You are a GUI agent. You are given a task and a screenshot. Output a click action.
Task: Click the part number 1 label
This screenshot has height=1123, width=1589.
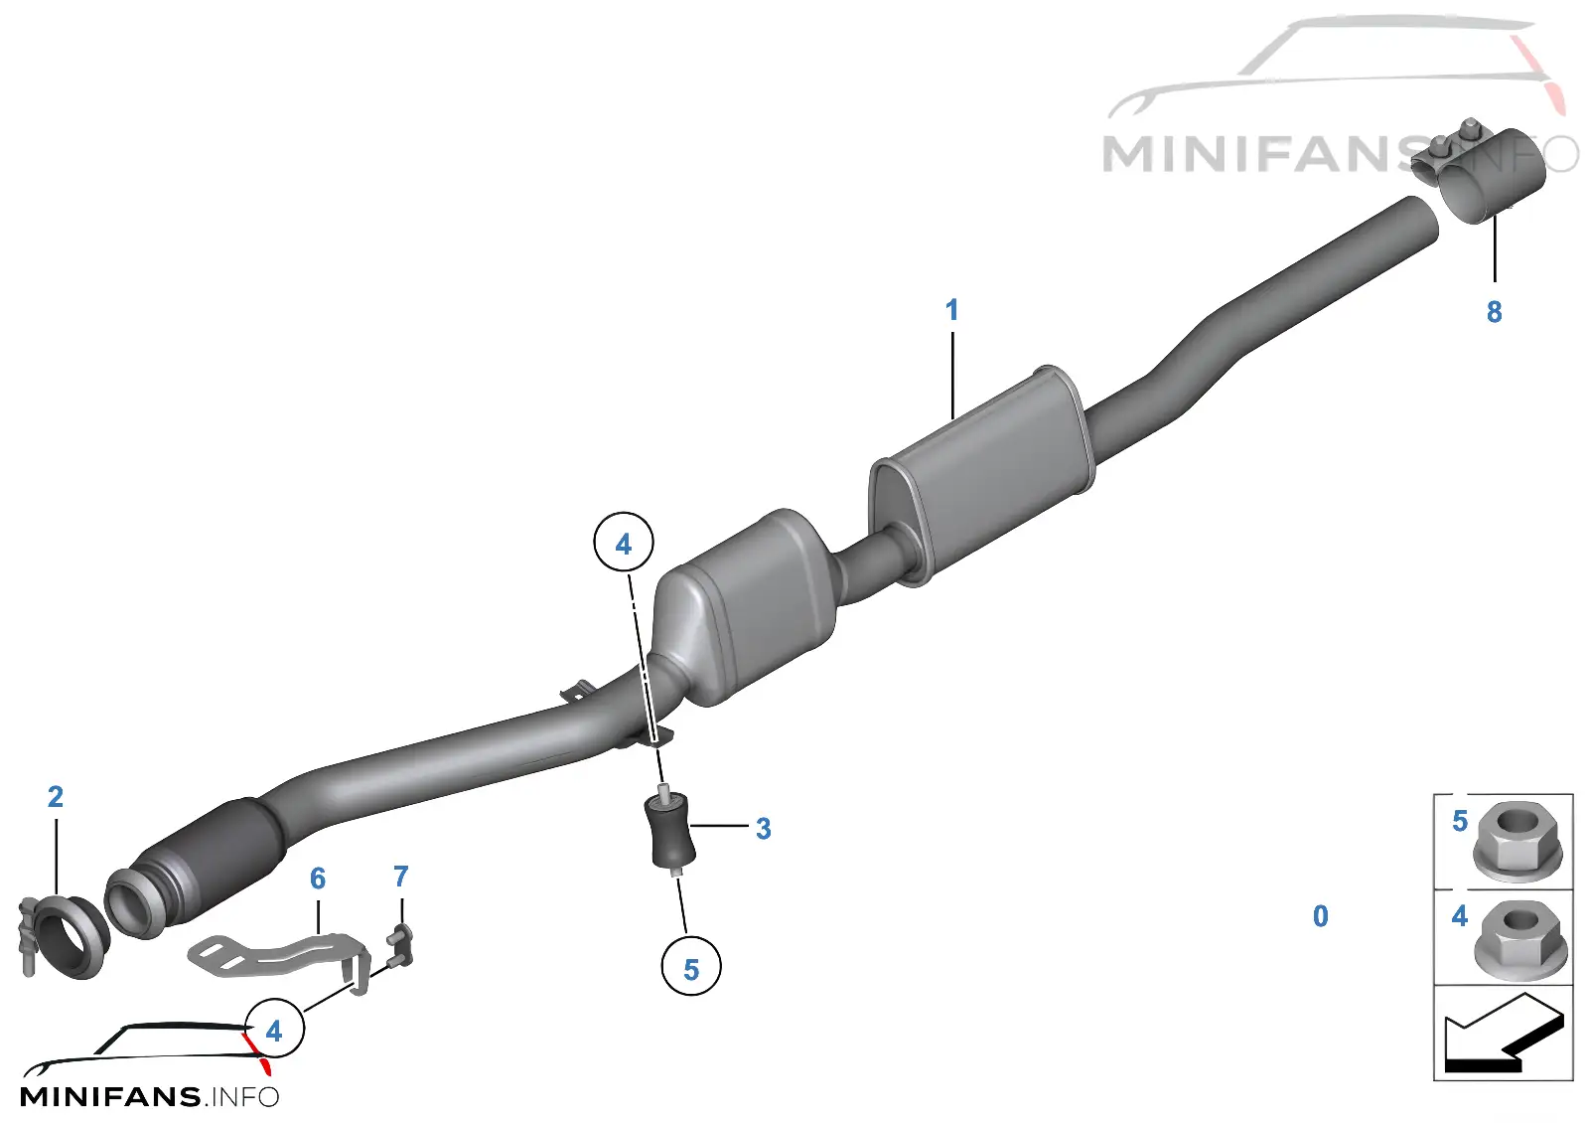[x=952, y=309]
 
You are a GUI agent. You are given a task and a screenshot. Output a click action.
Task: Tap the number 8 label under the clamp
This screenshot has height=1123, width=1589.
[x=1494, y=312]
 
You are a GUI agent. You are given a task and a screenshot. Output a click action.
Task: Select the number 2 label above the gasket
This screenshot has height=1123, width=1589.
[x=56, y=796]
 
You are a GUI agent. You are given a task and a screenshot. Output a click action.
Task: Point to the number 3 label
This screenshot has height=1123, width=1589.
[x=764, y=829]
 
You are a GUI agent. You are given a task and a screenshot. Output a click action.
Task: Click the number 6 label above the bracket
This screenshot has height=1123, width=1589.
[x=318, y=879]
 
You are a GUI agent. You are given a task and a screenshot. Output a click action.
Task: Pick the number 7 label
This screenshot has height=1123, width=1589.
[x=401, y=876]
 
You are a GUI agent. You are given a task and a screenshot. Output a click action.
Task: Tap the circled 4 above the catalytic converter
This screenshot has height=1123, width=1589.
[x=623, y=544]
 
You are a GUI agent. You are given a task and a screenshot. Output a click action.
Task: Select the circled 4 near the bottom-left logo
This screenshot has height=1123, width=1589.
[x=274, y=1030]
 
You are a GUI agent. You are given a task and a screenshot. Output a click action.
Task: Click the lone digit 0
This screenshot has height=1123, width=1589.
[x=1320, y=916]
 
